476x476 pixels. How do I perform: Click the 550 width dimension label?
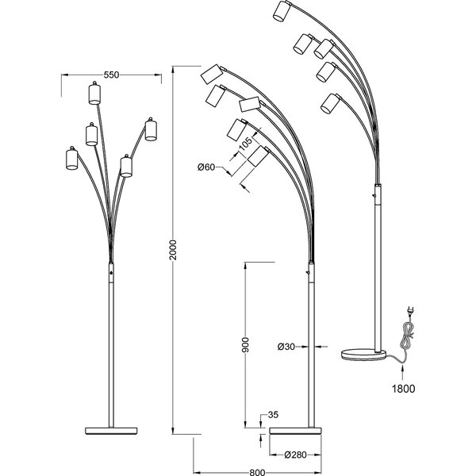111,75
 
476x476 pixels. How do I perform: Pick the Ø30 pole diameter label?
286,346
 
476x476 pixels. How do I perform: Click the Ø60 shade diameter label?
205,167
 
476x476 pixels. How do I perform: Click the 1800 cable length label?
404,389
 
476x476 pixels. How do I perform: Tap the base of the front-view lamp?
111,428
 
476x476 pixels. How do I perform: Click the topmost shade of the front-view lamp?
94,94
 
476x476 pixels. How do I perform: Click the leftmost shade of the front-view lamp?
70,159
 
